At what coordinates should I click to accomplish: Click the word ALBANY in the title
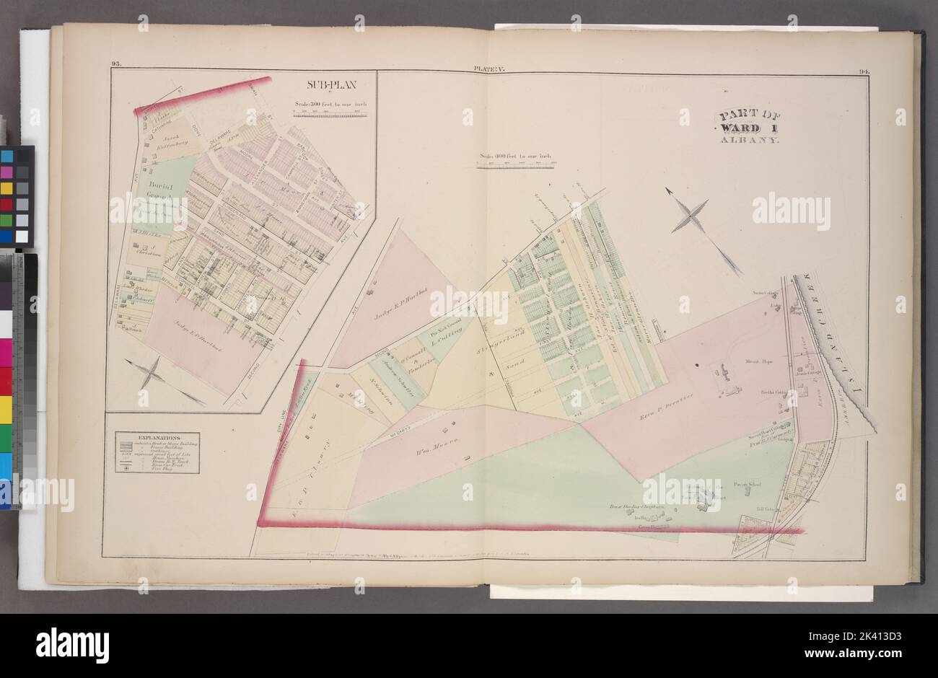[748, 142]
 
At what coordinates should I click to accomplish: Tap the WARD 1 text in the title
[748, 128]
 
